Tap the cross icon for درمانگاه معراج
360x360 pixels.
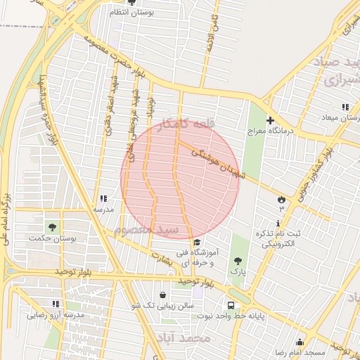[x=269, y=120]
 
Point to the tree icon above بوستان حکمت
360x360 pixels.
[x=51, y=226]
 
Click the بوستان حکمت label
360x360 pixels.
[x=51, y=238]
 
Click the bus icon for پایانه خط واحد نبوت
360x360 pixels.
[x=231, y=304]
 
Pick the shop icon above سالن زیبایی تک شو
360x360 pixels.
[x=164, y=295]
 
